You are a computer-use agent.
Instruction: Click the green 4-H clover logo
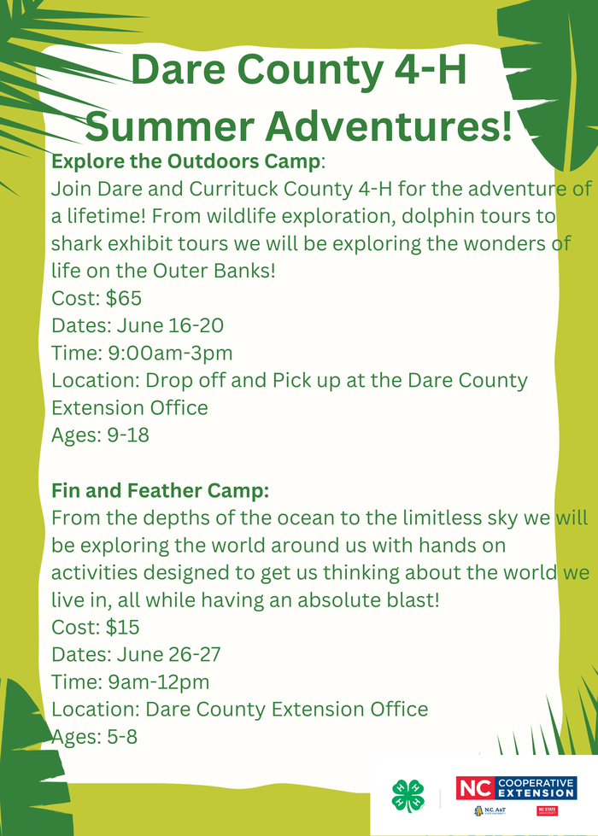407,796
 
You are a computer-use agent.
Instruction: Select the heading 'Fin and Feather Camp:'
161,491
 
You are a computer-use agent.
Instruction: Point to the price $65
124,299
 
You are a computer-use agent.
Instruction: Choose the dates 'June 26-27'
164,655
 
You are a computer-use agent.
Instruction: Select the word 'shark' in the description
78,244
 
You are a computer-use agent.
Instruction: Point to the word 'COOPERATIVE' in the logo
537,782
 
